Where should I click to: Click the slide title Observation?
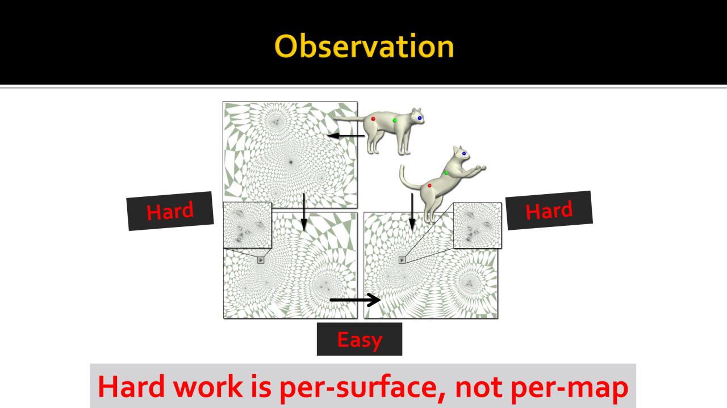pos(364,46)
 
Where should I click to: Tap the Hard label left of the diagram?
pos(170,211)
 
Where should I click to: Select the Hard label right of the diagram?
pos(549,210)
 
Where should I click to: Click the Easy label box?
pos(360,339)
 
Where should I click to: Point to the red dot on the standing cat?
pos(373,119)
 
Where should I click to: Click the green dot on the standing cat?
pos(395,120)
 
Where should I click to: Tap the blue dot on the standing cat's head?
pos(420,118)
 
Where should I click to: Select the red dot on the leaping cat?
pos(429,186)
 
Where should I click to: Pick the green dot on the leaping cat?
pos(446,173)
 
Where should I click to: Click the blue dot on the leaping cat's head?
pos(464,153)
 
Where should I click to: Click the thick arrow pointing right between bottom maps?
pos(356,300)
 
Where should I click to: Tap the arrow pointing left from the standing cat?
pos(346,136)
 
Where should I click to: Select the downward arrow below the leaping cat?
pos(412,212)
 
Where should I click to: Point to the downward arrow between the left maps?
pos(304,212)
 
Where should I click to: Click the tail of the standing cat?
pos(349,119)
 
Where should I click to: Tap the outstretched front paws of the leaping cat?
pos(480,168)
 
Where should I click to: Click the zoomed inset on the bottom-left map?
pos(247,225)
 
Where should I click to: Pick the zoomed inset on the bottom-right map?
pos(478,225)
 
